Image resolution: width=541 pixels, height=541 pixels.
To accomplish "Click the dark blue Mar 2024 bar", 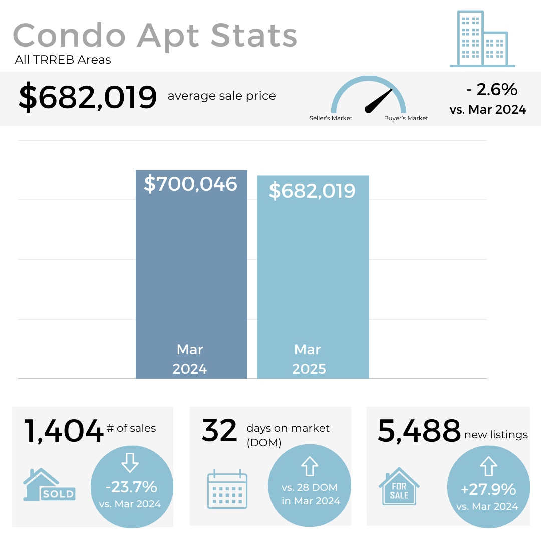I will coord(191,270).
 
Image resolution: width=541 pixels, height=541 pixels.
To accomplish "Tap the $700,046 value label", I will coord(191,184).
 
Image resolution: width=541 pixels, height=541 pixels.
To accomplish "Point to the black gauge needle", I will coord(378,101).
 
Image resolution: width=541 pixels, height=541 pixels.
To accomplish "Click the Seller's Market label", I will coord(331,118).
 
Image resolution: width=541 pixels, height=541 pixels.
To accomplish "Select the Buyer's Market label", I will coord(406,118).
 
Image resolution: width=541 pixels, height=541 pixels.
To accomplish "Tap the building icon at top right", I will coord(482,39).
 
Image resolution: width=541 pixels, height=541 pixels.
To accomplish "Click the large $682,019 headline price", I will coord(88,97).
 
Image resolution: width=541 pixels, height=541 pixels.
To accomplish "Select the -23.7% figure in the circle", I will coord(132,487).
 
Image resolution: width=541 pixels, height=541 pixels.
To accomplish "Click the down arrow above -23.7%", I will coord(130,463).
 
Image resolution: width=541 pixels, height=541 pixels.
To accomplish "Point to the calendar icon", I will coord(227,489).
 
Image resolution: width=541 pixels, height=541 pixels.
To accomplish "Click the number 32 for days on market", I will coord(219,431).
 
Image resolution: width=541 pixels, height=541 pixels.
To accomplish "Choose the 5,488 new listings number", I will coord(419,431).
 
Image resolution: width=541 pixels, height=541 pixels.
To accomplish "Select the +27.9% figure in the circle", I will coord(488,489).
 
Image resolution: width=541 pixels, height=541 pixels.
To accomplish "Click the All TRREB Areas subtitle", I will coord(63,60).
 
